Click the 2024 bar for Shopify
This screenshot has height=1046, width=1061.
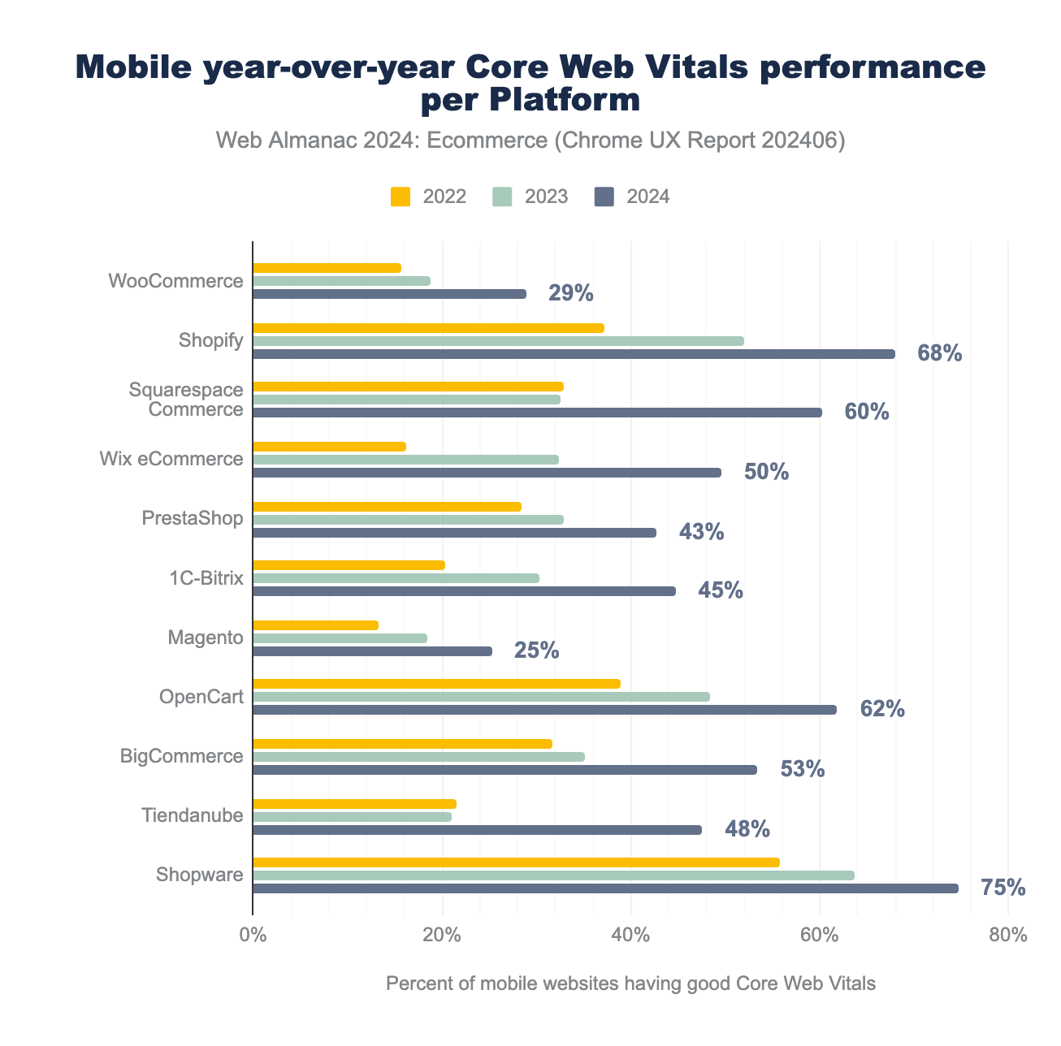574,354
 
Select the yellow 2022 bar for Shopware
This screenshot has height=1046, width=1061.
516,862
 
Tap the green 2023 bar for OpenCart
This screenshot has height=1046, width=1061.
481,697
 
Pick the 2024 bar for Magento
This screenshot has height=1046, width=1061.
372,651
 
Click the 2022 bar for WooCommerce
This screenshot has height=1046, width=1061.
327,268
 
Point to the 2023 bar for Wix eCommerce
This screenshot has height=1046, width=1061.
405,460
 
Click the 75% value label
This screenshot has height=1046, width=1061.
1003,888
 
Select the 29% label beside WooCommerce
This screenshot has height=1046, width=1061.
570,293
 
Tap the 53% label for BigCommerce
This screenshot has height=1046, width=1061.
802,769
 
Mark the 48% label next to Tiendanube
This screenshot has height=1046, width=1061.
747,829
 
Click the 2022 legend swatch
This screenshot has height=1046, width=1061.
401,197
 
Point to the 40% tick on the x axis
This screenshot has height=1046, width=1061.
630,936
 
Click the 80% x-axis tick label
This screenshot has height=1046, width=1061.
1008,936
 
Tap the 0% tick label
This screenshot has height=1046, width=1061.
253,936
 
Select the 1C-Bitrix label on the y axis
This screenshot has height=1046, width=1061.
206,578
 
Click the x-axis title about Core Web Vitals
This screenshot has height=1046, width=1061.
630,984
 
